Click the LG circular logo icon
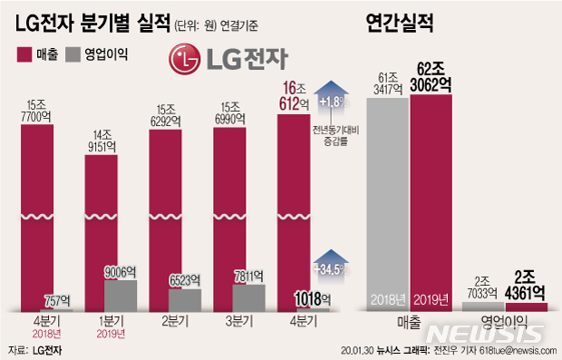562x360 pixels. tap(184, 61)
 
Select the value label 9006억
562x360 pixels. tap(121, 270)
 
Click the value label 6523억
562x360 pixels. tap(185, 280)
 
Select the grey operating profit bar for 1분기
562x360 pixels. tap(121, 296)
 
